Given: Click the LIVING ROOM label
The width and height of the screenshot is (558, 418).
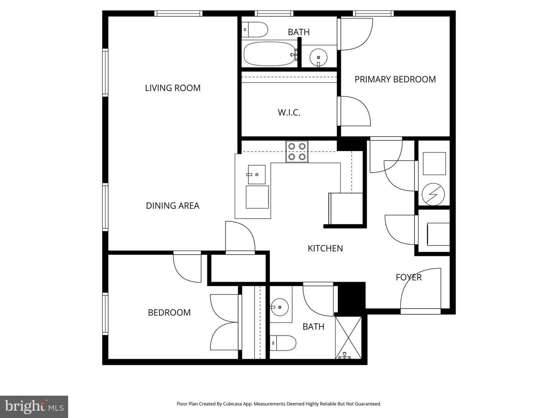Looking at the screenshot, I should point(172,88).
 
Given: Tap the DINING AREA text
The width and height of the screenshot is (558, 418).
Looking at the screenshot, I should point(172,206).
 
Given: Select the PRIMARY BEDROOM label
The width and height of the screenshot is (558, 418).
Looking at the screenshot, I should point(395,79).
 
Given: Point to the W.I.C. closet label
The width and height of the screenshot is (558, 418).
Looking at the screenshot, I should point(289,113).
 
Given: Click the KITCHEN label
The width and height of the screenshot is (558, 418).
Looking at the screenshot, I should point(325,248).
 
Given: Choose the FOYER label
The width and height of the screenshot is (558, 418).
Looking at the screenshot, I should point(408,277).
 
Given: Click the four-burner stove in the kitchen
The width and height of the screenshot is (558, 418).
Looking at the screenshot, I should point(297,151).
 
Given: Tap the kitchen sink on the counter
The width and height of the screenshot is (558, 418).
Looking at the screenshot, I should point(256,175).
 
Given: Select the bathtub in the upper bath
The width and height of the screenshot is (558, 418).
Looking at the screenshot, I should point(269,54).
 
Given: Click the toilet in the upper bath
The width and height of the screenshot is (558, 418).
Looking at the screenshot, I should point(255,29).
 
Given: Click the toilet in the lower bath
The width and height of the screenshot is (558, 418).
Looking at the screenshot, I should point(283,343).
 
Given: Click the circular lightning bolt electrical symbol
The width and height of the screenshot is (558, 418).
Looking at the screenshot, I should point(433,194).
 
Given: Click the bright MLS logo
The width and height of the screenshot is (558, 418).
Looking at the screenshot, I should point(34,406).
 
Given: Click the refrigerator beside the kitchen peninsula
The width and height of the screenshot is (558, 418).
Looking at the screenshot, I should point(346,209).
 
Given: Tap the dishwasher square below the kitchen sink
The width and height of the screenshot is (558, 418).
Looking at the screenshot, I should point(257,197).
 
